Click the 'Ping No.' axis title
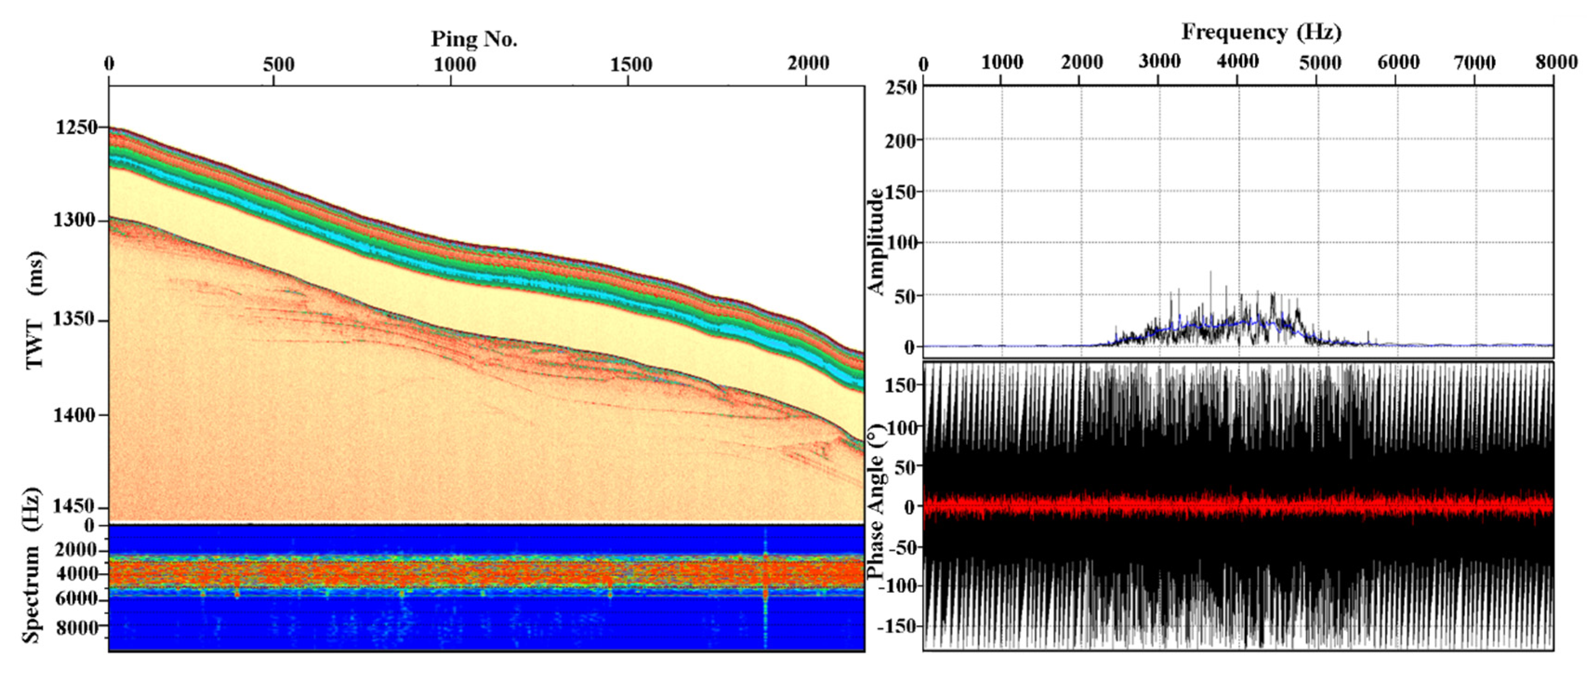click(x=474, y=40)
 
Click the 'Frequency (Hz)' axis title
click(x=1261, y=32)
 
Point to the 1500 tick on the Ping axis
click(x=632, y=64)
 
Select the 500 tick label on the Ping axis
click(x=279, y=64)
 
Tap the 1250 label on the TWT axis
click(x=77, y=127)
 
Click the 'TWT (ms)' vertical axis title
click(x=36, y=310)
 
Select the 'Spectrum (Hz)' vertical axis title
click(x=32, y=566)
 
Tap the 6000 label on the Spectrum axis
click(x=77, y=599)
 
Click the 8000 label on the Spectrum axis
click(x=77, y=628)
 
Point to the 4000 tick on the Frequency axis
click(x=1238, y=62)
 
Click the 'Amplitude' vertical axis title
click(x=876, y=242)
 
